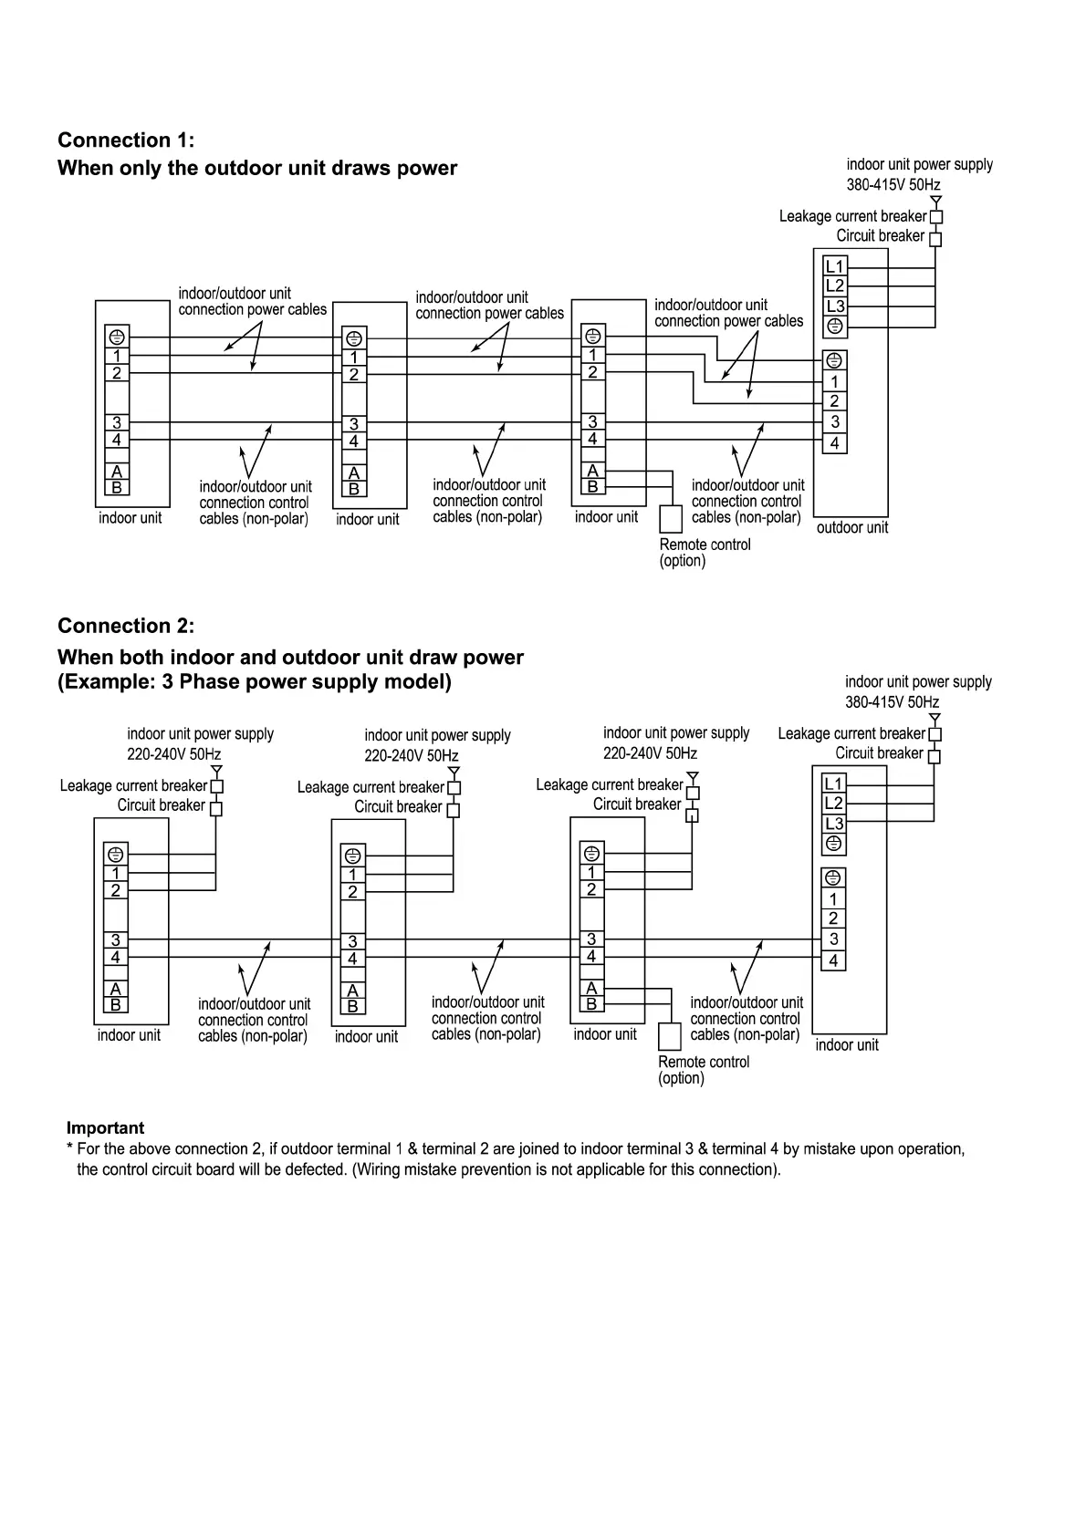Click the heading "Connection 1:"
coord(126,140)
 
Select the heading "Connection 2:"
coord(126,627)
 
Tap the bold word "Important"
coord(105,1128)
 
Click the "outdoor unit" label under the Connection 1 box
coord(851,528)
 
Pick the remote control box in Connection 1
coord(671,519)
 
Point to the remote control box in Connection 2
coord(670,1036)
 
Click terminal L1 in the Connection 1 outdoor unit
coord(835,266)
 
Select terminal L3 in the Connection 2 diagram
coord(834,824)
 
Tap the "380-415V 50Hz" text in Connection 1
coord(893,185)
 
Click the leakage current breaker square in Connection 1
coord(935,217)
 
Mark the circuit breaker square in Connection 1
coord(935,239)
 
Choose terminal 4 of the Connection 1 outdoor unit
coord(834,444)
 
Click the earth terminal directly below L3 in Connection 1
coord(835,327)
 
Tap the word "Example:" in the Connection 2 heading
coord(107,682)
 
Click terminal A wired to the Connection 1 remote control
coord(593,471)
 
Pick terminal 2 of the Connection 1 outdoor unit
coord(834,401)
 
